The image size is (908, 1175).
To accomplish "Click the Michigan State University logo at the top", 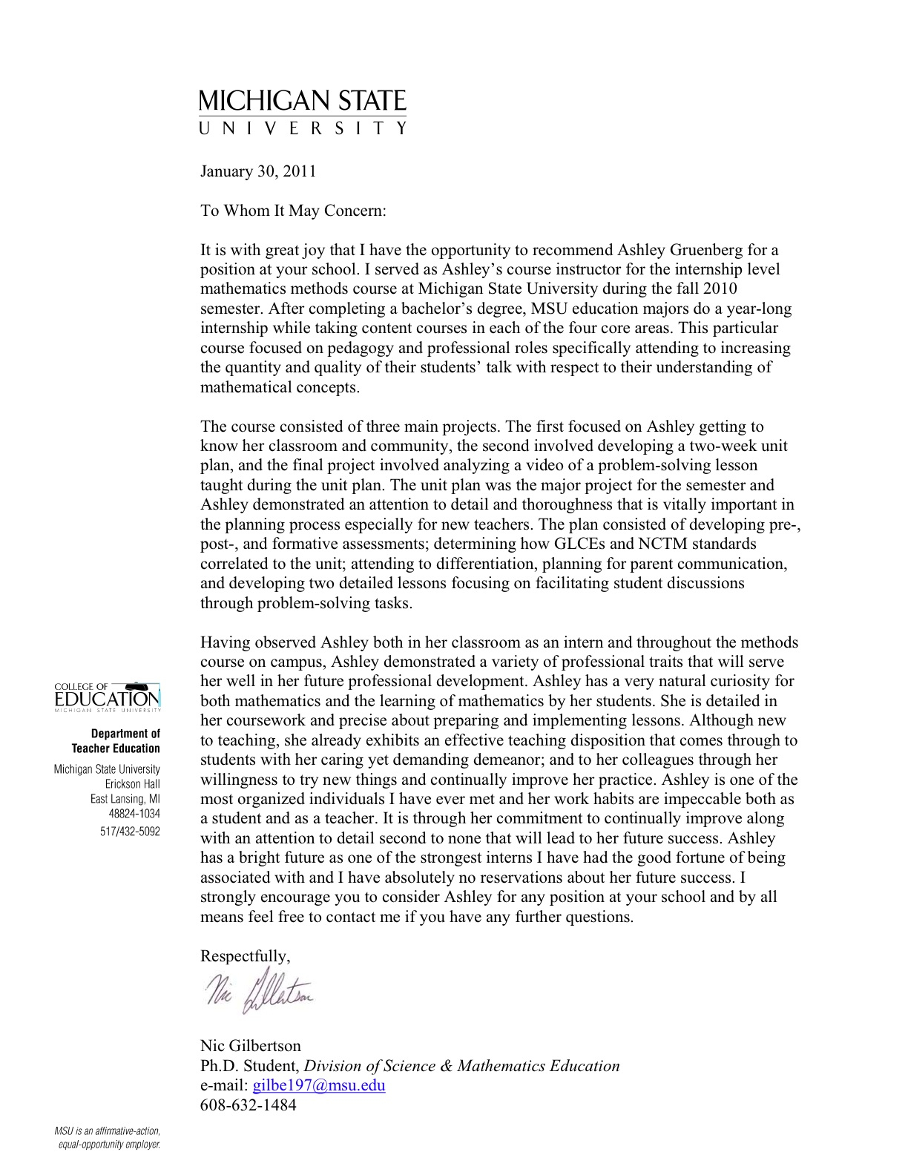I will click(x=303, y=111).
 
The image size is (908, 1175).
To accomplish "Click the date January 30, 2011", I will click(x=258, y=171).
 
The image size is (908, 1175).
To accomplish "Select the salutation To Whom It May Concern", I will click(x=293, y=211).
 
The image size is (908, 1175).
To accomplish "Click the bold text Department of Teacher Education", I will click(x=116, y=741).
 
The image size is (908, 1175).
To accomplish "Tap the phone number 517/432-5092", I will click(x=130, y=832).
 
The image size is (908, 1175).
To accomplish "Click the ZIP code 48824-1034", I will click(x=134, y=814).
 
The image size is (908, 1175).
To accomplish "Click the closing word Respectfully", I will click(x=245, y=956).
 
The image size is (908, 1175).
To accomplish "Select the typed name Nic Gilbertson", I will click(x=251, y=1046).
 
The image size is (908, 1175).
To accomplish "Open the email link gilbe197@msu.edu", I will click(x=319, y=1085).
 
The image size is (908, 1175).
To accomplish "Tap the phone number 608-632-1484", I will click(x=248, y=1105).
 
